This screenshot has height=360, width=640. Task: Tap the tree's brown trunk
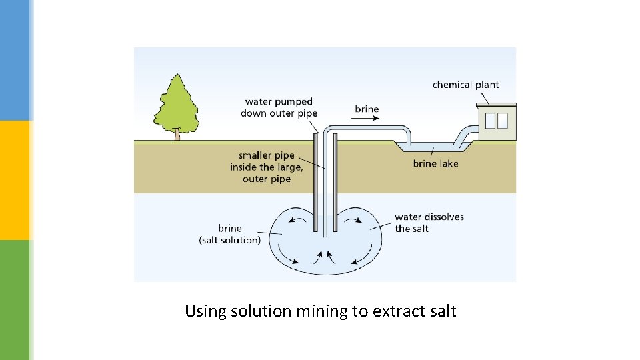[177, 135]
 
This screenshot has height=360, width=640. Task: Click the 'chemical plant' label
[465, 85]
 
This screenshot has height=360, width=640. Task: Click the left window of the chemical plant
[490, 121]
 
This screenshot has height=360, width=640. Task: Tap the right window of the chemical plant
[503, 121]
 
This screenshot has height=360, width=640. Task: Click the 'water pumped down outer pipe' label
[279, 107]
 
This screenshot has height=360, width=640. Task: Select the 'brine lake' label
[435, 163]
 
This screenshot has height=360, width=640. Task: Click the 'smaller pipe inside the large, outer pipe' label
[266, 167]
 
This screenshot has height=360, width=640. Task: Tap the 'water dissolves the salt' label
[429, 223]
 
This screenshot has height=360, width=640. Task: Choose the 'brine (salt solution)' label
[230, 234]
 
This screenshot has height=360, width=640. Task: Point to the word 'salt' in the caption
[441, 311]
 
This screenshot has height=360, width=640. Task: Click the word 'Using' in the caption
[205, 311]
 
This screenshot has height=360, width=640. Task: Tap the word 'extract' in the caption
[396, 311]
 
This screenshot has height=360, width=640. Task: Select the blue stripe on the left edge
[15, 60]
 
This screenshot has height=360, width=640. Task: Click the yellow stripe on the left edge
[15, 180]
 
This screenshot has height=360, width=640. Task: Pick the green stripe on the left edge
[15, 300]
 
